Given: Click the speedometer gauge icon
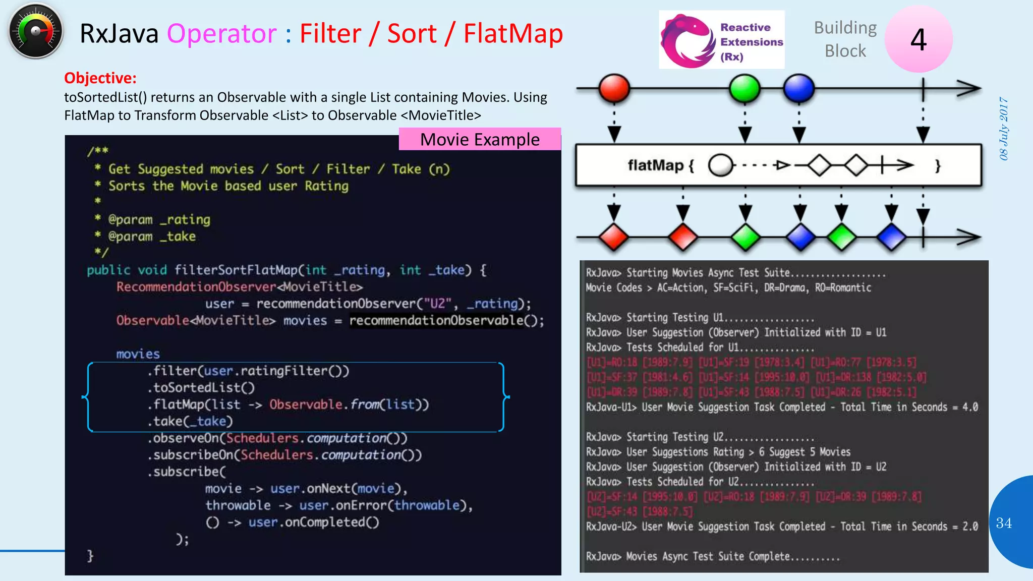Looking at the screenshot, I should click(x=35, y=31).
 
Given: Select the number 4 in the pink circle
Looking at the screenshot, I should click(x=919, y=39).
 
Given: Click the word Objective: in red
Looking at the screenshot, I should click(x=100, y=78).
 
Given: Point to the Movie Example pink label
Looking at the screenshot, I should click(x=480, y=139).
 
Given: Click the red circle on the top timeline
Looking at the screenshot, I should click(x=614, y=88).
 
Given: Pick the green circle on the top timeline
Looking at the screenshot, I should click(x=744, y=88).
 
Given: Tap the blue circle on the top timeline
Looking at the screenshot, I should click(x=798, y=88).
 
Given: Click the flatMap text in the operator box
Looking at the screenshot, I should click(x=655, y=165).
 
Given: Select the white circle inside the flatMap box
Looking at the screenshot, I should click(x=720, y=165).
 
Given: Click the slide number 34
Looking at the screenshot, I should click(x=1004, y=523).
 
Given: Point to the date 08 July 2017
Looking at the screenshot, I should click(x=1004, y=129).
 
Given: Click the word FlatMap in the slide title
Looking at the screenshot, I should click(x=513, y=34).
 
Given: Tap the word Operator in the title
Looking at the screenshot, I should click(x=221, y=34).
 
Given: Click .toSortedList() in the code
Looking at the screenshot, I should click(x=201, y=387).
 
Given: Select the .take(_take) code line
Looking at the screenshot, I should click(x=190, y=421).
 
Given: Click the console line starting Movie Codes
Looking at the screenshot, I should click(x=728, y=287).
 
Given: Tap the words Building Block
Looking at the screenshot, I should click(x=845, y=39).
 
